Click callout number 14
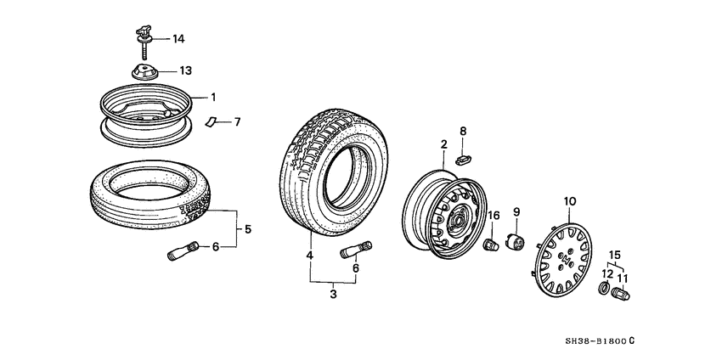pyautogui.click(x=178, y=39)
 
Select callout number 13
pyautogui.click(x=184, y=70)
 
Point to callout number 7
pyautogui.click(x=237, y=122)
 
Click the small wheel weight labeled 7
pyautogui.click(x=212, y=121)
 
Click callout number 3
pyautogui.click(x=333, y=295)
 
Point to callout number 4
pyautogui.click(x=310, y=255)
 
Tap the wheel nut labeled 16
pyautogui.click(x=491, y=245)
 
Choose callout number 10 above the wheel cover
pyautogui.click(x=570, y=200)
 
